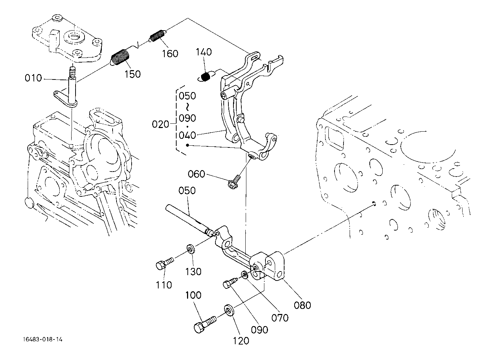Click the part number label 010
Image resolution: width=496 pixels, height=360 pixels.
33,78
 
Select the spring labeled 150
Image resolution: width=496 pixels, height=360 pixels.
119,57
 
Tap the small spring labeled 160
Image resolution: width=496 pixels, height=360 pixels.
158,35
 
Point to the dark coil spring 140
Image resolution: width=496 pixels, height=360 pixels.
206,77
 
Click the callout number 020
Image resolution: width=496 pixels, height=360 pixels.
160,124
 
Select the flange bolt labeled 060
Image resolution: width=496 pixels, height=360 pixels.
233,183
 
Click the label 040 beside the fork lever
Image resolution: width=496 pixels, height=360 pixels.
187,135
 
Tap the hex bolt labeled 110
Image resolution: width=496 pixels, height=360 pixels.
165,263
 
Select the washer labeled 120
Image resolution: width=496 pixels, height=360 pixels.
229,310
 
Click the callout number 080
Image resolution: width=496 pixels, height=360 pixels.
302,305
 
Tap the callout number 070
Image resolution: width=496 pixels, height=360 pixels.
280,318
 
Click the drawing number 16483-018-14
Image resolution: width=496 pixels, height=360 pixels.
43,340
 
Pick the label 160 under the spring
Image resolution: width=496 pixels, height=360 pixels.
170,54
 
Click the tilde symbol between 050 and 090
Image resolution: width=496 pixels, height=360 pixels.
187,107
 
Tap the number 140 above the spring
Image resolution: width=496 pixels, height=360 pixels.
204,52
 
